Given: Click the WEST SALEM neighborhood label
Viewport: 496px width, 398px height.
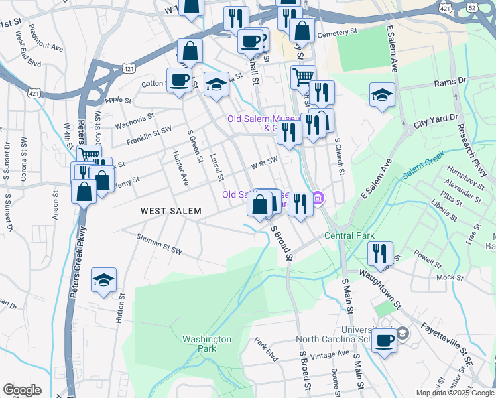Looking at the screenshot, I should tap(170, 210).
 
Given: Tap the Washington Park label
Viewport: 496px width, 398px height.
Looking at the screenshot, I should tap(207, 343).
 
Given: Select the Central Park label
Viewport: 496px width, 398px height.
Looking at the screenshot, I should tap(349, 235).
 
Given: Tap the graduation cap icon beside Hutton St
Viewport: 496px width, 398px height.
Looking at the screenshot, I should tap(104, 280).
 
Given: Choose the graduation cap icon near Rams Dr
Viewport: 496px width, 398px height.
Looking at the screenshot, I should tap(382, 95).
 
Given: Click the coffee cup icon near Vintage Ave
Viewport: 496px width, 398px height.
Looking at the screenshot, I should tap(383, 340).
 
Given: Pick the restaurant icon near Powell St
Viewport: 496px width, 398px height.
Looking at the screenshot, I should tap(380, 253).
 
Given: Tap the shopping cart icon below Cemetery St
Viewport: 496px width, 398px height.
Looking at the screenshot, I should tap(302, 76).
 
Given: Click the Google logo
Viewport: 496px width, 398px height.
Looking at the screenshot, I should tap(22, 390).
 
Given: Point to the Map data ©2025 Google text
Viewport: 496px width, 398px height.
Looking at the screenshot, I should tap(455, 393).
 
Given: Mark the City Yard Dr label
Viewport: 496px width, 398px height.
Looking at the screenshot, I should tap(436, 121).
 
